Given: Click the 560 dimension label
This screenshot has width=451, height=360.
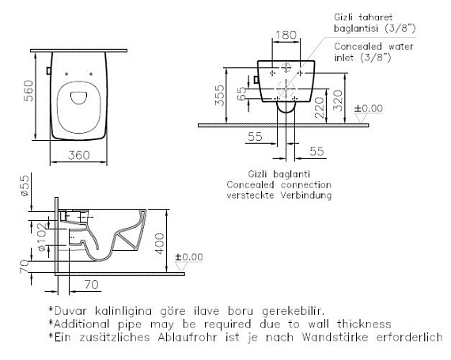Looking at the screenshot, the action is tap(28, 90).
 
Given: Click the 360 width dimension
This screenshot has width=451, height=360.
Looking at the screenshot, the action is tap(79, 155).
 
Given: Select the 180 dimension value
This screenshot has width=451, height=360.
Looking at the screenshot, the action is tap(286, 35).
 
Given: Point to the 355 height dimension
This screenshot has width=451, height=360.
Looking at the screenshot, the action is tap(220, 96).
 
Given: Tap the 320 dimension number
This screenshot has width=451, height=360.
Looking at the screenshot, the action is tap(339, 100).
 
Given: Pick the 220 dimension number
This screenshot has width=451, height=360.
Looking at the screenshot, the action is tap(320, 108).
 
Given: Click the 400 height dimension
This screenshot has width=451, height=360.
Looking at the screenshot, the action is tap(160, 244).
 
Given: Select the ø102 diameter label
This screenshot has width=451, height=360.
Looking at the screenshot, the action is tap(42, 237).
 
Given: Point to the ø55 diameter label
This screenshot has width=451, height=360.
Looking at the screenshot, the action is tap(25, 185).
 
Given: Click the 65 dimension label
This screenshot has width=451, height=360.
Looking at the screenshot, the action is tap(242, 93).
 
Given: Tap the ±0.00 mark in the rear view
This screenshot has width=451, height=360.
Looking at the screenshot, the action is tap(368, 108).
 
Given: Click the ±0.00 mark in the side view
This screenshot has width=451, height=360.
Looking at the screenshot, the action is tap(189, 257).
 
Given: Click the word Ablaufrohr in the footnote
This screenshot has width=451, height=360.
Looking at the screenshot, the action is tap(187, 337).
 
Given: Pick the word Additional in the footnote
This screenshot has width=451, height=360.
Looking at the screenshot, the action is tap(81, 324).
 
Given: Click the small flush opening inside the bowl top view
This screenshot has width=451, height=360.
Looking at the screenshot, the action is tap(79, 98).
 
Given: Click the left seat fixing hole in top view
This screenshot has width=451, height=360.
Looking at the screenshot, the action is tap(66, 74).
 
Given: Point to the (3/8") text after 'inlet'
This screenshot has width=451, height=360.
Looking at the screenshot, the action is tap(375, 58).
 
